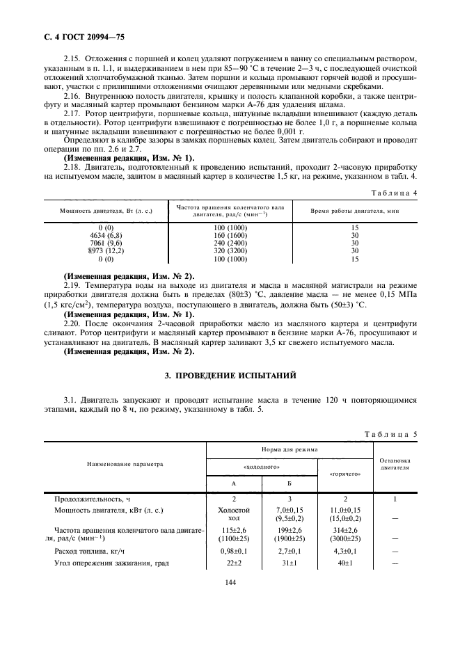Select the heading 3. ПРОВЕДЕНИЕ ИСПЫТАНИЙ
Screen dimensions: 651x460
(x=230, y=376)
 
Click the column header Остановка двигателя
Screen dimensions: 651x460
(x=395, y=464)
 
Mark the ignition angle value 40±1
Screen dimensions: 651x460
(x=345, y=563)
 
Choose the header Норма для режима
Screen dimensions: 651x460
(x=290, y=450)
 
